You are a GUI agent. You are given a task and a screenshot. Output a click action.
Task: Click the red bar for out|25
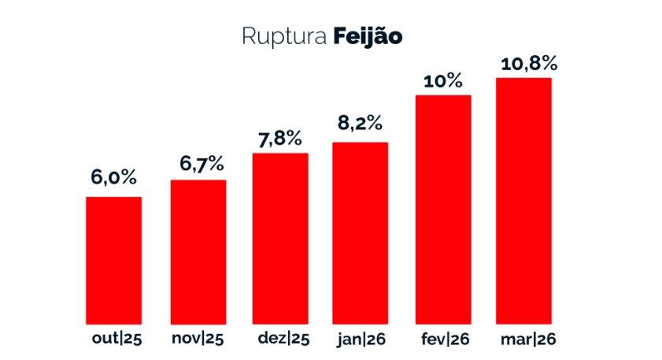(x=113, y=260)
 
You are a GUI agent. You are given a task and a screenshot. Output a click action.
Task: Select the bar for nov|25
(x=198, y=252)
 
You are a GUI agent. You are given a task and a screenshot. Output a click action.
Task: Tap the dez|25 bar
(x=280, y=238)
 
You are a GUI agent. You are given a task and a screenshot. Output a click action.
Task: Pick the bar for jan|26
(x=361, y=233)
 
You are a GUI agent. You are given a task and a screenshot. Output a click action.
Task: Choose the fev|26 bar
(x=443, y=210)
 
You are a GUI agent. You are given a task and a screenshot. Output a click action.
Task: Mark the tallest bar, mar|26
(x=523, y=201)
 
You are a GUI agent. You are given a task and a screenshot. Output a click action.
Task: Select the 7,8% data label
(x=280, y=138)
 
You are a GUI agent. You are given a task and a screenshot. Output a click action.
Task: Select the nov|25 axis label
(x=198, y=340)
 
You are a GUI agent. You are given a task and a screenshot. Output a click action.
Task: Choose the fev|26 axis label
(x=446, y=340)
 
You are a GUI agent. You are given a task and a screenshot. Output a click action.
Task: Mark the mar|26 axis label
(x=527, y=340)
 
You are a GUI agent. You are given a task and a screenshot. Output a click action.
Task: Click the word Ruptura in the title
(x=284, y=37)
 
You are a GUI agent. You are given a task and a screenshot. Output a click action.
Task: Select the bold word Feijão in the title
(x=368, y=37)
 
